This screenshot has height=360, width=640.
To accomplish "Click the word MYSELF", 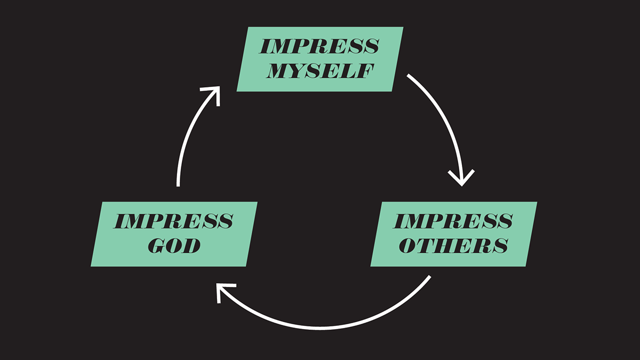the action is tap(319, 71).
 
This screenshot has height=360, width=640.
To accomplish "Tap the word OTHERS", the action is tap(453, 245).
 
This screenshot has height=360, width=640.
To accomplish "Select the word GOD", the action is tap(174, 245).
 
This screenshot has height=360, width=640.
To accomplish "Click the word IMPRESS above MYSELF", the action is tap(319, 46).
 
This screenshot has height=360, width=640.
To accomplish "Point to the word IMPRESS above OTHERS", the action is tap(453, 220).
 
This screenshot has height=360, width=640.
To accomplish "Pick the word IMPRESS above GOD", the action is tap(174, 220).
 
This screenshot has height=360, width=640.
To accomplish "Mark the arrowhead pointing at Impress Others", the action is tap(461, 179).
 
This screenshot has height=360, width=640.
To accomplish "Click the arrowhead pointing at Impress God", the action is tap(221, 292).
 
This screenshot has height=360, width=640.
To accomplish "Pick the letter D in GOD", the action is tap(192, 245).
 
